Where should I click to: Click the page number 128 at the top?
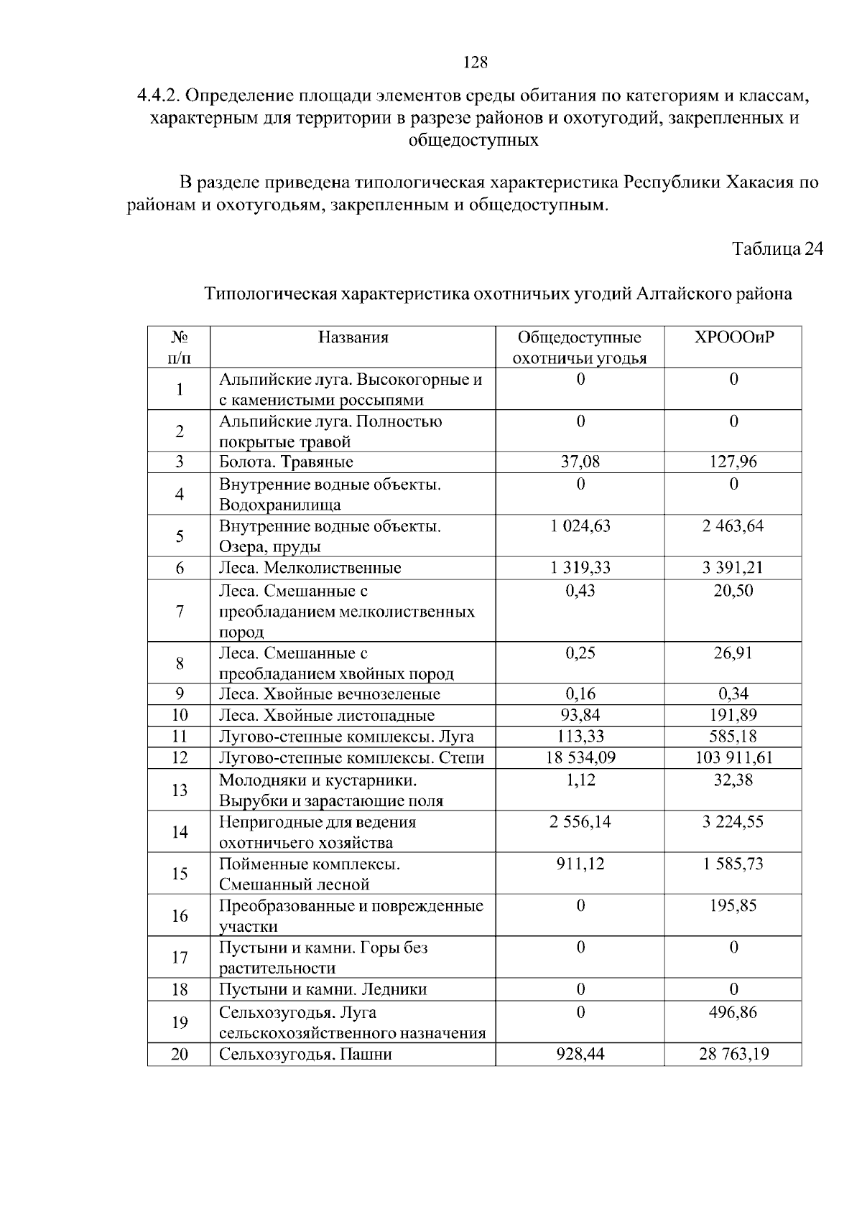[x=475, y=62]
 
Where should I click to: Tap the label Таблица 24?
[x=777, y=249]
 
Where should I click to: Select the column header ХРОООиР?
[x=733, y=337]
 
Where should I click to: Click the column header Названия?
[x=353, y=337]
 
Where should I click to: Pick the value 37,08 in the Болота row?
[x=580, y=462]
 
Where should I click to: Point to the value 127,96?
[x=733, y=462]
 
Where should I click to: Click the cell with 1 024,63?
[x=580, y=526]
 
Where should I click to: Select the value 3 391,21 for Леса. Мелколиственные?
[x=733, y=568]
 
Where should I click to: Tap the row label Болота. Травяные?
[x=286, y=462]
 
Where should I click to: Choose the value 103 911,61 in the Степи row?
[x=733, y=757]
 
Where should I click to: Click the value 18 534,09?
[x=580, y=757]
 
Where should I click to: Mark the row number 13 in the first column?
[x=179, y=790]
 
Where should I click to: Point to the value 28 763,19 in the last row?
[x=733, y=1055]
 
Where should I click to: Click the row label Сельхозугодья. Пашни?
[x=305, y=1055]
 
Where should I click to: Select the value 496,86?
[x=733, y=1012]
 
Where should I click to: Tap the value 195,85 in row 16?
[x=733, y=906]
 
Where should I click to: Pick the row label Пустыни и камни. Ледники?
[x=323, y=989]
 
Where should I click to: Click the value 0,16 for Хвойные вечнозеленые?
[x=580, y=694]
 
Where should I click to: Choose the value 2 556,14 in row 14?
[x=580, y=822]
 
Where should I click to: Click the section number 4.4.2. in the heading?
[x=162, y=95]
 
